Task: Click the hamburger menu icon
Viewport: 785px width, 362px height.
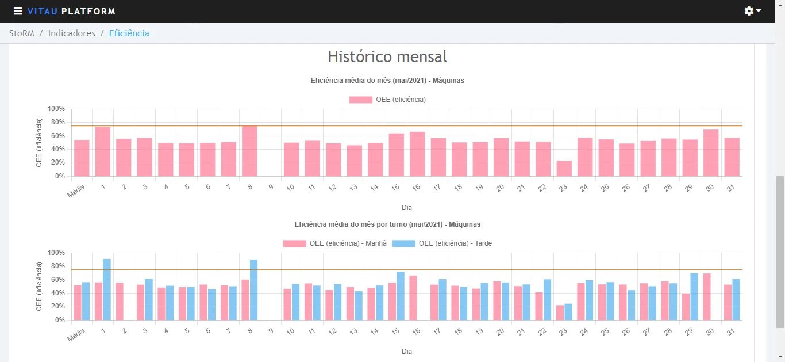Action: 17,12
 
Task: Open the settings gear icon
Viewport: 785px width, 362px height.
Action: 749,11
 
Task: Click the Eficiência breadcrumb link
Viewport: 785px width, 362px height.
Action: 129,33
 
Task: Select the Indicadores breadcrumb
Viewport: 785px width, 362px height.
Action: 71,33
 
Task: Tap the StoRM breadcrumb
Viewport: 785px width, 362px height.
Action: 22,33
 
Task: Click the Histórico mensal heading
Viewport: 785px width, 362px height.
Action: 387,56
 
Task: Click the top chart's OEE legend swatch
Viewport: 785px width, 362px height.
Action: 361,100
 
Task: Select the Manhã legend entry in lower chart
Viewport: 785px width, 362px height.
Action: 334,243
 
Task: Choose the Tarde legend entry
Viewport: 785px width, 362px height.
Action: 442,243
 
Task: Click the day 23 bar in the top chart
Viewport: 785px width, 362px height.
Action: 564,169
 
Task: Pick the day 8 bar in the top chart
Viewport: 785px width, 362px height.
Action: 249,151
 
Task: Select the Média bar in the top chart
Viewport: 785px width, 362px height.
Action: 82,158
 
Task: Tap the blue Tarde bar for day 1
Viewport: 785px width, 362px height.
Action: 107,289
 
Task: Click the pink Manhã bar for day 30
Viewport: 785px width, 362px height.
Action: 707,297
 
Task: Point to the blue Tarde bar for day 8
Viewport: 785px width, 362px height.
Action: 254,290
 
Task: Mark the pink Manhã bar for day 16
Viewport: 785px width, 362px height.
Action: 413,298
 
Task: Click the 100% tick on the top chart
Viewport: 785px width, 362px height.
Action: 56,109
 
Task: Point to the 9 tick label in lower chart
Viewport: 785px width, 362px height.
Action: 271,331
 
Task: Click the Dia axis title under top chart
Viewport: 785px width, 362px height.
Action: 406,208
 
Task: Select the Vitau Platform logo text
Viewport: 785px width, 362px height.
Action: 71,12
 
